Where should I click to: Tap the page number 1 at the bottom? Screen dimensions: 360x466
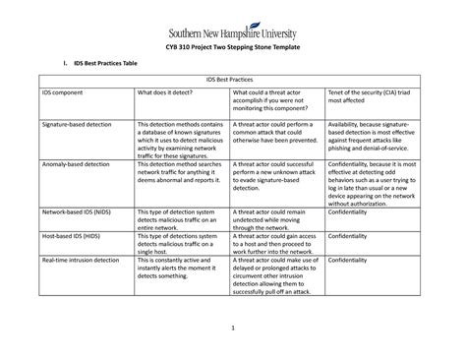(x=233, y=328)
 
